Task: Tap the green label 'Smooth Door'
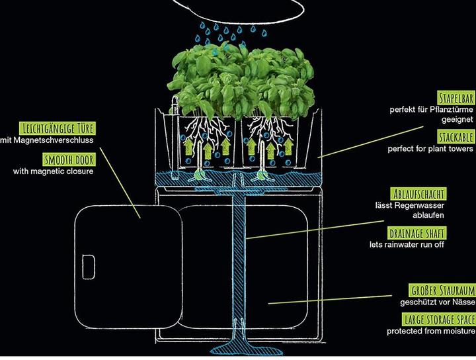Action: click(68, 159)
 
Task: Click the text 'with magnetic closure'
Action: click(53, 171)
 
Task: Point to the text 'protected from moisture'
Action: click(431, 331)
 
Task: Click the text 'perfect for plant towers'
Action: click(430, 149)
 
